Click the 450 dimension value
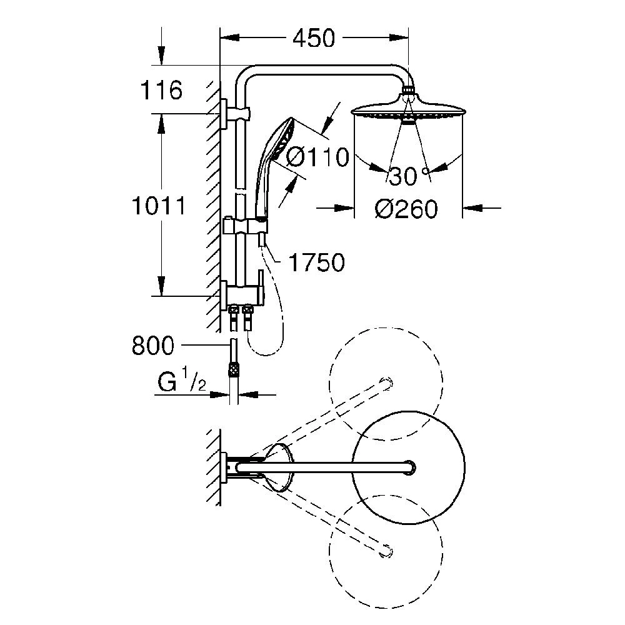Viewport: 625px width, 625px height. pyautogui.click(x=314, y=39)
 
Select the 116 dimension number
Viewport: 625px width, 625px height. pyautogui.click(x=161, y=90)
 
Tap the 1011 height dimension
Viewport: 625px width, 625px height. pyautogui.click(x=159, y=206)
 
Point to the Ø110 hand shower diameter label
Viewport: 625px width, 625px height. pyautogui.click(x=317, y=157)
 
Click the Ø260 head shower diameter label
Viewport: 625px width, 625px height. pyautogui.click(x=406, y=209)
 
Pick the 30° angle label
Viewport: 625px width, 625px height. pyautogui.click(x=409, y=176)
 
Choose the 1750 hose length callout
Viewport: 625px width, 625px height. pyautogui.click(x=316, y=262)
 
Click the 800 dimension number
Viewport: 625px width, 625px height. pyautogui.click(x=153, y=346)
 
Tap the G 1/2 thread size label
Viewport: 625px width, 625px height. pyautogui.click(x=182, y=381)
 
